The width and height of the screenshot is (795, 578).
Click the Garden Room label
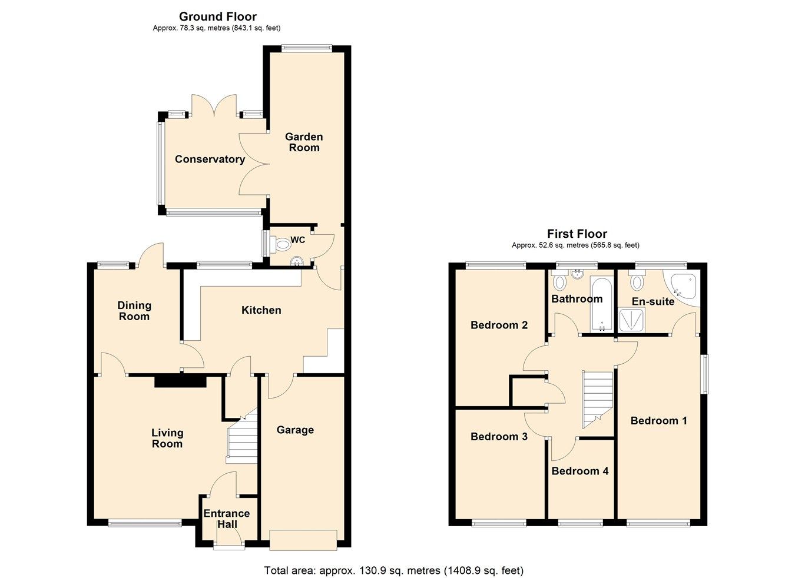[304, 142]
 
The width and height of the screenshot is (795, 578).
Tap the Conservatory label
[210, 160]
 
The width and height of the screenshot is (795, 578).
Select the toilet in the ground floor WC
[281, 241]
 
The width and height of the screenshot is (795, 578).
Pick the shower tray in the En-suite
[631, 321]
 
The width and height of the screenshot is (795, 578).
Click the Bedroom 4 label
[579, 471]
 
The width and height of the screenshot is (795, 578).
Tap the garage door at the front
[303, 540]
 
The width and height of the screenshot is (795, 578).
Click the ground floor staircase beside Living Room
[242, 439]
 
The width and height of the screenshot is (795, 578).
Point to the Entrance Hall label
[227, 519]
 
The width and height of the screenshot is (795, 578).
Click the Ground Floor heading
[217, 16]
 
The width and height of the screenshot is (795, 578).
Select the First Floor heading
[577, 234]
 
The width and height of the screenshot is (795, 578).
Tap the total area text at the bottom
[393, 570]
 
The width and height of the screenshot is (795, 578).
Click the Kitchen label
[261, 310]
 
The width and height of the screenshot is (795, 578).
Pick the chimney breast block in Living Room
[180, 381]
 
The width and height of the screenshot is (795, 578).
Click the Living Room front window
[145, 522]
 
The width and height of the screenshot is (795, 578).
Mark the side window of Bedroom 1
[704, 373]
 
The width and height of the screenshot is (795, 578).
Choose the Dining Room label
[134, 311]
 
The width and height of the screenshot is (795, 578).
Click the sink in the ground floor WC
[296, 260]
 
